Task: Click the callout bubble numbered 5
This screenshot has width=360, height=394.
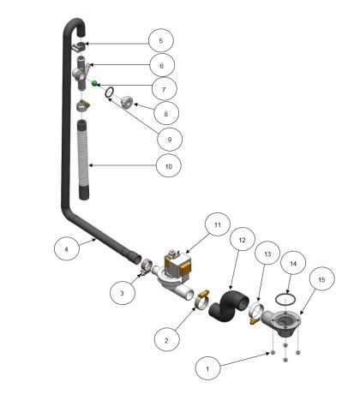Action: (x=161, y=40)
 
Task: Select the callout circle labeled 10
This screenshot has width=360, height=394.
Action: (x=169, y=166)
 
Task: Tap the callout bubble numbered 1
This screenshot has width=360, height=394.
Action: (x=207, y=368)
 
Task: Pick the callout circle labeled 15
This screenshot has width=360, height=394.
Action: (x=321, y=279)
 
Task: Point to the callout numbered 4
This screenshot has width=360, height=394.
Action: (x=66, y=249)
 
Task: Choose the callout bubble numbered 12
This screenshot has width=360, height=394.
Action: (x=242, y=240)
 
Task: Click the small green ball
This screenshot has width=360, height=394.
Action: (x=94, y=83)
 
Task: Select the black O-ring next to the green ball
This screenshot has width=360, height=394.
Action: (x=110, y=92)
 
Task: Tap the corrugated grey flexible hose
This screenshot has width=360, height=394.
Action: (x=83, y=160)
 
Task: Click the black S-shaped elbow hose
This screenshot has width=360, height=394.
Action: (x=229, y=307)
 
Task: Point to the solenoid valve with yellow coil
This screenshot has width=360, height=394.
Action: (x=174, y=274)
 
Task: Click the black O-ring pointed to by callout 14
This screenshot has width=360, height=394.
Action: (x=285, y=299)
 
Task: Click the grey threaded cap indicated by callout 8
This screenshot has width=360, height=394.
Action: (x=125, y=103)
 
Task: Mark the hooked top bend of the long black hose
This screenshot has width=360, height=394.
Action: (x=74, y=25)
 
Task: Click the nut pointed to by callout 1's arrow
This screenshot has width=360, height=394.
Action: (x=273, y=353)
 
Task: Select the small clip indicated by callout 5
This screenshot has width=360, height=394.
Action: (x=78, y=47)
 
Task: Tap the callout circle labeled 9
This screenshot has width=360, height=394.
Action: (x=170, y=140)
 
